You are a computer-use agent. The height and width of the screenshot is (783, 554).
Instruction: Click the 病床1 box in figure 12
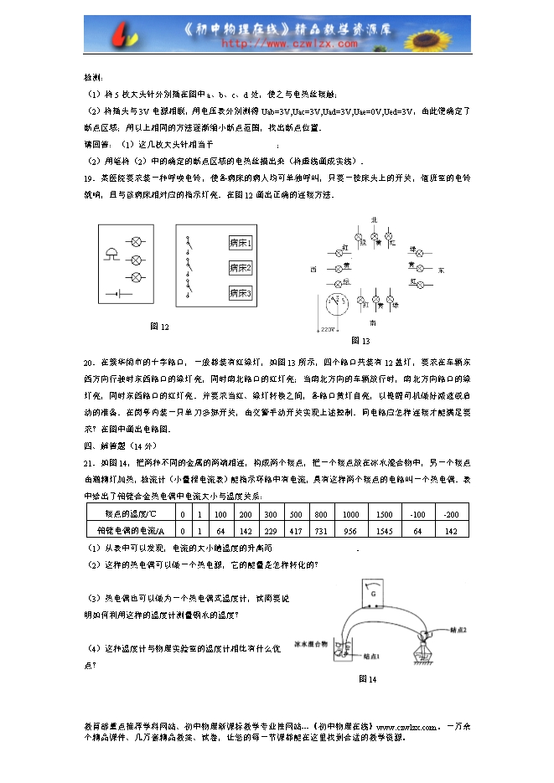coord(241,243)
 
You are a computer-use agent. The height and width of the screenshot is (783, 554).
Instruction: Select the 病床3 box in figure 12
coord(241,293)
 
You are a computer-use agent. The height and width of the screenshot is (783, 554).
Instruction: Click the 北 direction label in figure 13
coord(374,220)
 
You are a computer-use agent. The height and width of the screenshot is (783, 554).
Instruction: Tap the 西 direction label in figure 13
coord(313,270)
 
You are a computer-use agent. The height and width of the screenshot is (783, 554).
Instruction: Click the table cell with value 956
coord(350,530)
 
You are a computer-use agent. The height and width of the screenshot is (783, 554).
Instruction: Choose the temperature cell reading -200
coord(451,513)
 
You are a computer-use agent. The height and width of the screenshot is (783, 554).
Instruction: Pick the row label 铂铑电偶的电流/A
coord(126,530)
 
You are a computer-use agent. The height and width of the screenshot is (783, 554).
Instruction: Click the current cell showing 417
coord(296,530)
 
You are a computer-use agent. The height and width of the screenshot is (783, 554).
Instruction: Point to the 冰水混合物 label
coord(309,644)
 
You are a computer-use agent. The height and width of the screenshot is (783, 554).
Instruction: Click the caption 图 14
coord(367,678)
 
